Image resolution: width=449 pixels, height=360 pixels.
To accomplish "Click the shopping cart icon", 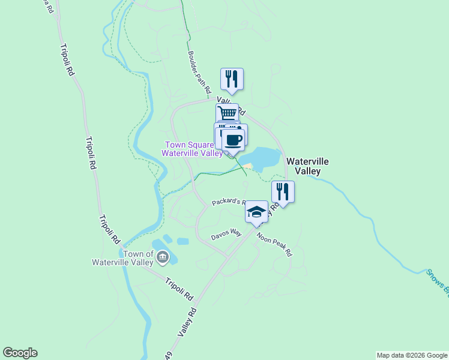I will tap(227, 113).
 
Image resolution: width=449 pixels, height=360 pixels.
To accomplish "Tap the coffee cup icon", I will tap(234, 141).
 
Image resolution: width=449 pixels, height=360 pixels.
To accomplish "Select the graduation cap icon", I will tap(256, 212).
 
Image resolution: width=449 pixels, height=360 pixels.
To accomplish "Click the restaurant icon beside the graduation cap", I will tap(282, 191).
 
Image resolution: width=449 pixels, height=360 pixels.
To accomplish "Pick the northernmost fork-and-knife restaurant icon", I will tap(232, 79).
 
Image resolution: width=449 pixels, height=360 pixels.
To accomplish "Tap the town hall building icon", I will tap(163, 258).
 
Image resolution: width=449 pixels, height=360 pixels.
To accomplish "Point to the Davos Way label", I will tap(226, 234).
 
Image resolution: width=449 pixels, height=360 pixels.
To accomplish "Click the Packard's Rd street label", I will tap(228, 202).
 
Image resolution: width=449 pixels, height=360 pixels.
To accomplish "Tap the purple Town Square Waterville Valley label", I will tap(190, 148).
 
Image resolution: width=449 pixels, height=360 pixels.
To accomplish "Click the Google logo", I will tap(20, 353).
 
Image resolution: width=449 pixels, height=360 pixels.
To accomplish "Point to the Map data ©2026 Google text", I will tap(412, 355).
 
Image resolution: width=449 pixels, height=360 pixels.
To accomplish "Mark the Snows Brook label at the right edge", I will tap(437, 283).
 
